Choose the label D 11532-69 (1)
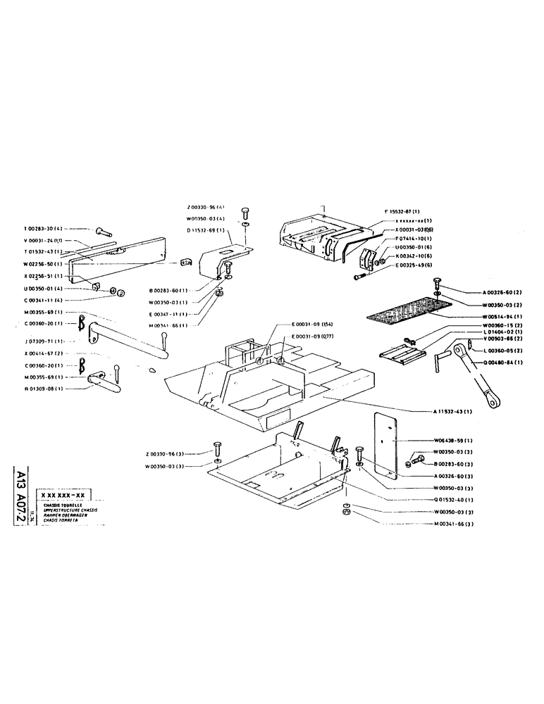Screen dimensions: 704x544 [206, 230]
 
